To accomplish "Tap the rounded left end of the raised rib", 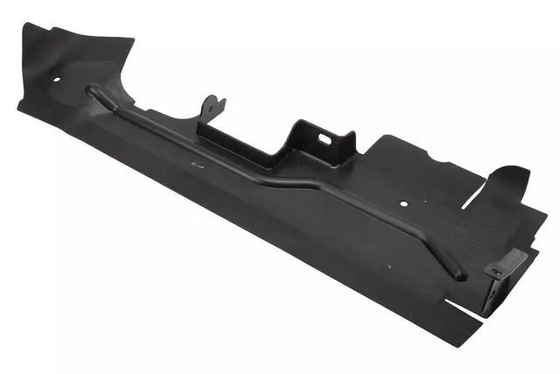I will [90, 88].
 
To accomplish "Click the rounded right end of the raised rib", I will [460, 277].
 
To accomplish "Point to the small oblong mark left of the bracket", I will [191, 163].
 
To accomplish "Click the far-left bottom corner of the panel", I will [19, 106].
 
